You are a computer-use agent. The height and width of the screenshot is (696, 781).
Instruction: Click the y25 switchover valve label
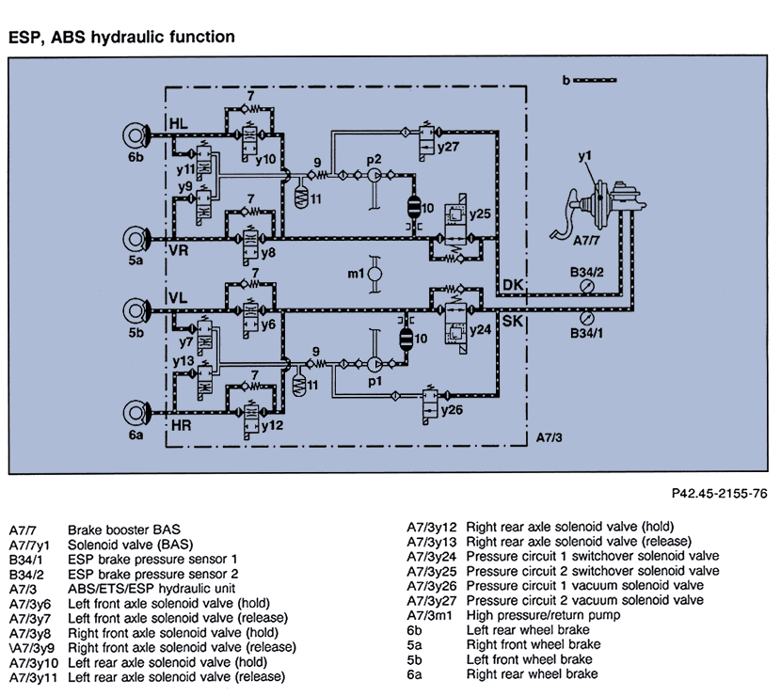pos(481,214)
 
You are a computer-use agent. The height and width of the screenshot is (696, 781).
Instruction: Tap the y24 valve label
pos(480,330)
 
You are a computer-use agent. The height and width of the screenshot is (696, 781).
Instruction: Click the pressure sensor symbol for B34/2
pos(588,285)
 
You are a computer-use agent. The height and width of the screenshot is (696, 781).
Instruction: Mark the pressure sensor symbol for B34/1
pos(588,317)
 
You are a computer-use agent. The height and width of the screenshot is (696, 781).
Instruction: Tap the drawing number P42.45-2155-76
pos(720,492)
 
